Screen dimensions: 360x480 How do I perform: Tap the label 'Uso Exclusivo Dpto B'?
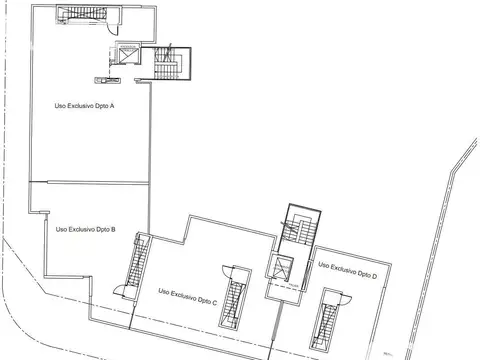point(86,229)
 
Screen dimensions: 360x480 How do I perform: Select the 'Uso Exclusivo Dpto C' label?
point(189,292)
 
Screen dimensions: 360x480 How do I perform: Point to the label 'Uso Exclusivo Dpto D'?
point(347,268)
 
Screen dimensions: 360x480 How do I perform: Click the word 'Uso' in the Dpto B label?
point(62,229)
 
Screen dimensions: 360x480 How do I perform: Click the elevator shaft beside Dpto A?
point(127,57)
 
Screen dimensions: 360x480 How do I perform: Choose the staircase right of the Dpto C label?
point(236,298)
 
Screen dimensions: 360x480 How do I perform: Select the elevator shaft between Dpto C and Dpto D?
point(283,268)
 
